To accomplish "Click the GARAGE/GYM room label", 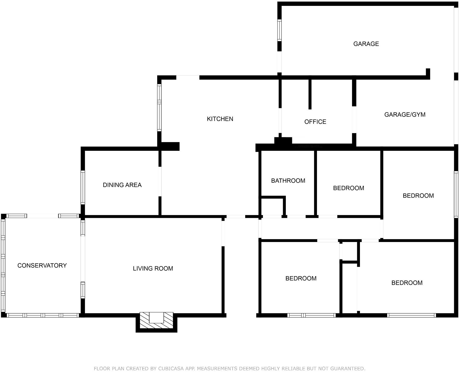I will (x=405, y=115).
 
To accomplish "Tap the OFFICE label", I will (x=315, y=122).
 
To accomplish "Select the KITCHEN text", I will (x=220, y=119).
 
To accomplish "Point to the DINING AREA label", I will (x=122, y=185).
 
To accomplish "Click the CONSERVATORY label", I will (x=42, y=265).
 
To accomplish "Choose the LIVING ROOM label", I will (x=153, y=268).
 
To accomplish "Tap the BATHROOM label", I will (x=288, y=181).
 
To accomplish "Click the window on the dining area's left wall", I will (x=83, y=188).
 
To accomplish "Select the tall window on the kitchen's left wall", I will (x=159, y=108).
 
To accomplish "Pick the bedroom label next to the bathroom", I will (x=349, y=188).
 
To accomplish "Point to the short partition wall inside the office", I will (x=310, y=94).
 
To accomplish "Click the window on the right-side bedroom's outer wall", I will (x=456, y=195).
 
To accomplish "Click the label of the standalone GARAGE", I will (x=366, y=44).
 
